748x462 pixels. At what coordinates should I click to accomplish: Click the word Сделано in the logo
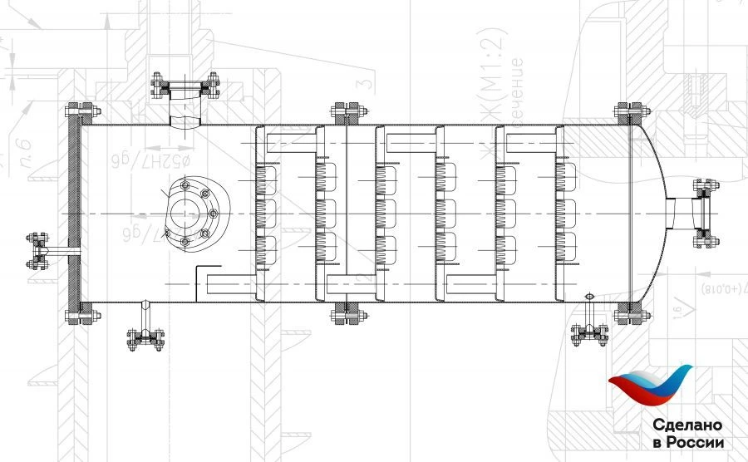[x=687, y=424]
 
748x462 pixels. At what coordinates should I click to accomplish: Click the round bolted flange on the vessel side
[x=189, y=214]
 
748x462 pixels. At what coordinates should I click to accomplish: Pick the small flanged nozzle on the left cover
[x=37, y=251]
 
